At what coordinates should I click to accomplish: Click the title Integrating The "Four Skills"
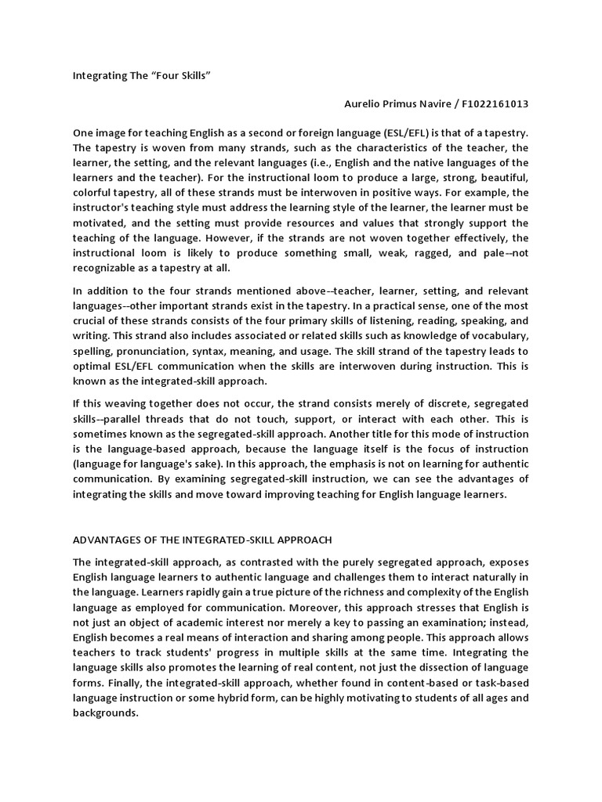[143, 77]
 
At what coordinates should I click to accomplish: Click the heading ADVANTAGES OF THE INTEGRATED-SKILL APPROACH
[203, 540]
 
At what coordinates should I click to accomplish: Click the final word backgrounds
[105, 714]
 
